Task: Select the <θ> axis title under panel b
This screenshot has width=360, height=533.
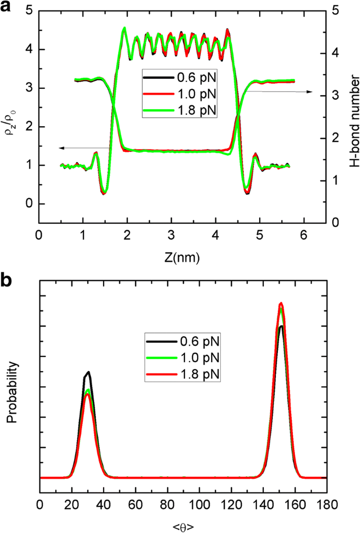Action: point(182,526)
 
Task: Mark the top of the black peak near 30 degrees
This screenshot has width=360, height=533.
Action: point(89,372)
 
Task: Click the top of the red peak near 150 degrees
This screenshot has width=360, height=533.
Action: point(281,303)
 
